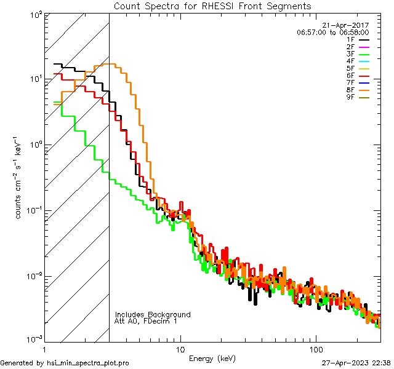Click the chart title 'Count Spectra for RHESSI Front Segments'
coord(212,6)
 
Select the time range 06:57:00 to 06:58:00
coord(332,32)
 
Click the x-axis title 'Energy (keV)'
coord(212,359)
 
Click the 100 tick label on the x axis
coord(315,349)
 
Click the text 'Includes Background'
coord(153,315)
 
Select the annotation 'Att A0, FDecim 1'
coord(146,322)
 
